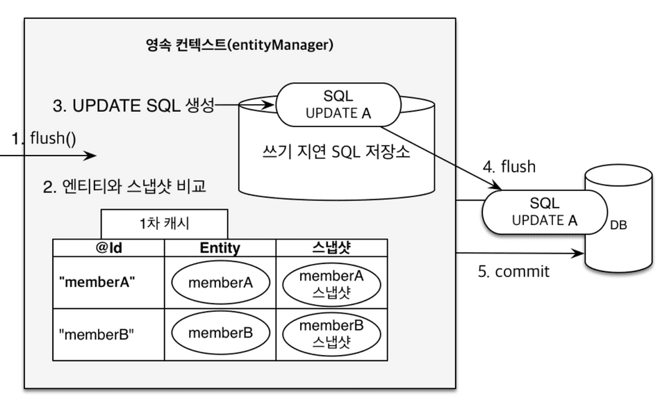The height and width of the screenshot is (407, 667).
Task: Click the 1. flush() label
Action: pyautogui.click(x=43, y=139)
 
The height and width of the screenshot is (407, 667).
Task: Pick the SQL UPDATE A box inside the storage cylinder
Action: pyautogui.click(x=338, y=106)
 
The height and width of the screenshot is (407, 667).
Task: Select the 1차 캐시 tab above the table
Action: pyautogui.click(x=165, y=224)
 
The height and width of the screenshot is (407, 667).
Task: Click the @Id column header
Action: pyautogui.click(x=108, y=248)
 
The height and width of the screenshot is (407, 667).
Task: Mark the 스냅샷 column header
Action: pyautogui.click(x=331, y=248)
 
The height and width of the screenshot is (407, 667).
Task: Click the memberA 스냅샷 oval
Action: pyautogui.click(x=331, y=283)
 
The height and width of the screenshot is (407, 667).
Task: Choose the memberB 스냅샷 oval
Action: pyautogui.click(x=331, y=333)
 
